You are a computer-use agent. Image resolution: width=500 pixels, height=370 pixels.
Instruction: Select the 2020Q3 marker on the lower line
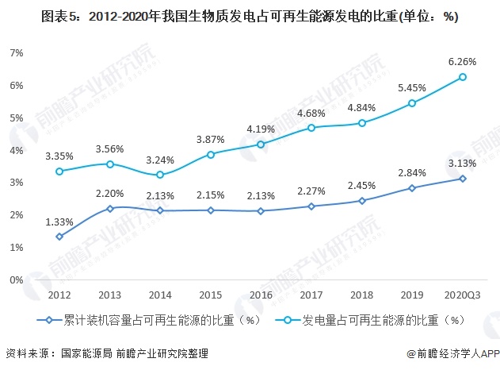coord(462,179)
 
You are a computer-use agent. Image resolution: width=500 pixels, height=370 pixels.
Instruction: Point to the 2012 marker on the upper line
coord(59,171)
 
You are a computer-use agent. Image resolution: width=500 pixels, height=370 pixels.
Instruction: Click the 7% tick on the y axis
coord(16,52)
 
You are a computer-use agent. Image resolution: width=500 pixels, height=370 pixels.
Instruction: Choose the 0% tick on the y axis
coord(16,280)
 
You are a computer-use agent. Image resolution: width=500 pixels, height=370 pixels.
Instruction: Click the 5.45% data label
coord(412,87)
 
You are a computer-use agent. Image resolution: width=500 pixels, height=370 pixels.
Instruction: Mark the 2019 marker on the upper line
coord(412,103)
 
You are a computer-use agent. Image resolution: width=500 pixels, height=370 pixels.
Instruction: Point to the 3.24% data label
coord(160,158)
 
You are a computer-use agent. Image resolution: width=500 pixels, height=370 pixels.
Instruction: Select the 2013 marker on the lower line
coord(109,209)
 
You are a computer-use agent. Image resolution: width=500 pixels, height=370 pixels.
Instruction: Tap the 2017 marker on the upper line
coord(311,128)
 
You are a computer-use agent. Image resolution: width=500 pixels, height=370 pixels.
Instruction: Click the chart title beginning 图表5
coord(250,15)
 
